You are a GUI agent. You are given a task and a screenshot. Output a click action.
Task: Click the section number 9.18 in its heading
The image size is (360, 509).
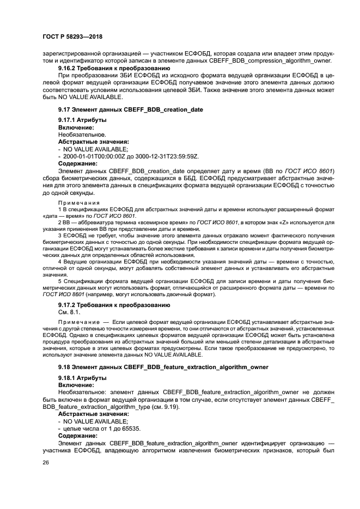(x=64, y=367)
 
